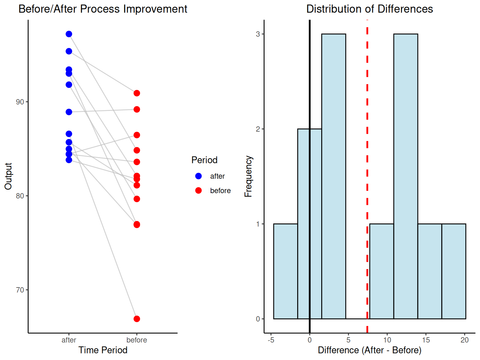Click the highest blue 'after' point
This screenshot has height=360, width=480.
69,34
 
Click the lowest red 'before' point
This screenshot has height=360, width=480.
137,319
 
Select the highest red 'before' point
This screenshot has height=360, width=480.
137,93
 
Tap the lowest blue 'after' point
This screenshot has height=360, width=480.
69,160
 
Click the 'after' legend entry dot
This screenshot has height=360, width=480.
198,176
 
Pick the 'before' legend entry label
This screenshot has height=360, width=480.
220,191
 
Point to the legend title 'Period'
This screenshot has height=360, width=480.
204,160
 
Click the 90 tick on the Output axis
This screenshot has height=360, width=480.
20,102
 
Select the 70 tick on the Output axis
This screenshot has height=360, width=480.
20,290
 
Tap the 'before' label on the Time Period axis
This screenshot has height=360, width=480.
137,340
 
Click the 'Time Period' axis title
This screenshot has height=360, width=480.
103,350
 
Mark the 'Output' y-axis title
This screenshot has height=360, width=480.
8,176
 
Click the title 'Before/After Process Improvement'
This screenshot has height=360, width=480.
103,9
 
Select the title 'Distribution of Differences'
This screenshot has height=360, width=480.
369,9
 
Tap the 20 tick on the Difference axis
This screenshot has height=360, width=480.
465,340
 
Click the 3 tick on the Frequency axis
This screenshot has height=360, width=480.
258,34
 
